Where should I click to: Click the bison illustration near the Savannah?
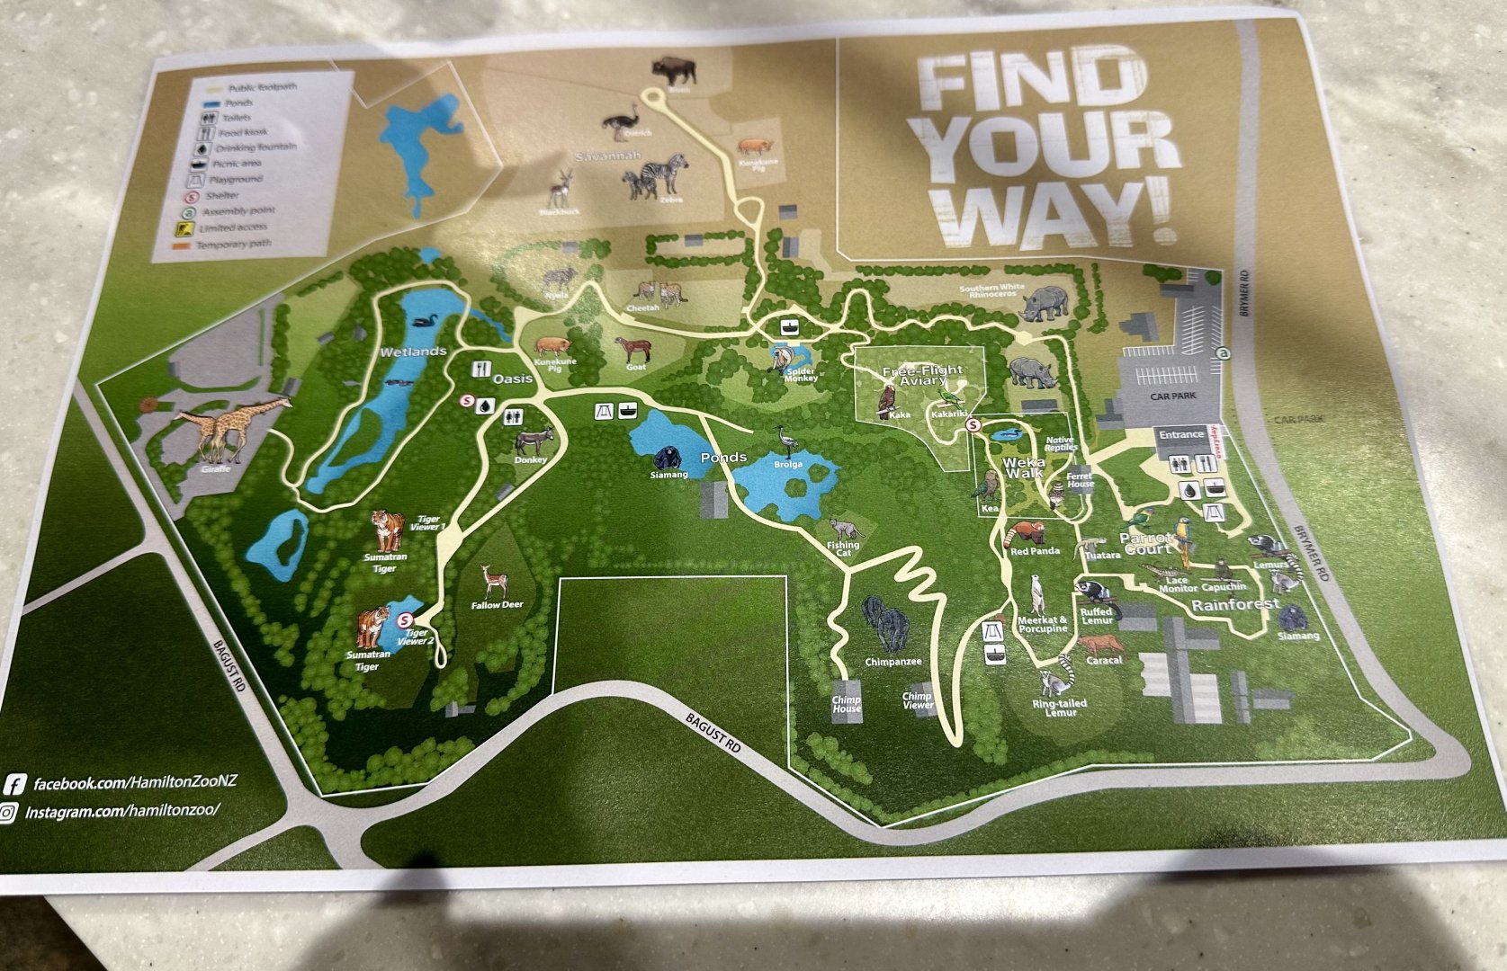point(674,69)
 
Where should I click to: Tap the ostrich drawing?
point(621,121)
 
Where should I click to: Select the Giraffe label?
point(216,468)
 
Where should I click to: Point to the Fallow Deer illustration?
point(491,581)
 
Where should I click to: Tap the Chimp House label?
point(846,704)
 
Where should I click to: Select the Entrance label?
point(1180,434)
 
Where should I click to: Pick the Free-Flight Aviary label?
point(922,376)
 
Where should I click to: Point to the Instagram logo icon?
point(9,813)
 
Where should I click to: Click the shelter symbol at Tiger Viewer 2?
point(406,619)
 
